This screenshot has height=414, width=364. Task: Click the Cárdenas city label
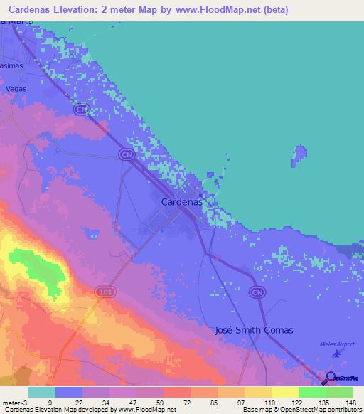[x=182, y=202]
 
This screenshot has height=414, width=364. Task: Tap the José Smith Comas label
[x=254, y=331]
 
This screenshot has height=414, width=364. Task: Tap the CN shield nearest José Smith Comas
[x=257, y=292]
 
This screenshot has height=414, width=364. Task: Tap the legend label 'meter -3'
[x=14, y=402]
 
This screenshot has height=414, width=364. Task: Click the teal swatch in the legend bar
[x=41, y=392]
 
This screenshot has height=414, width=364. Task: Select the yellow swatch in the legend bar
[x=284, y=392]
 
